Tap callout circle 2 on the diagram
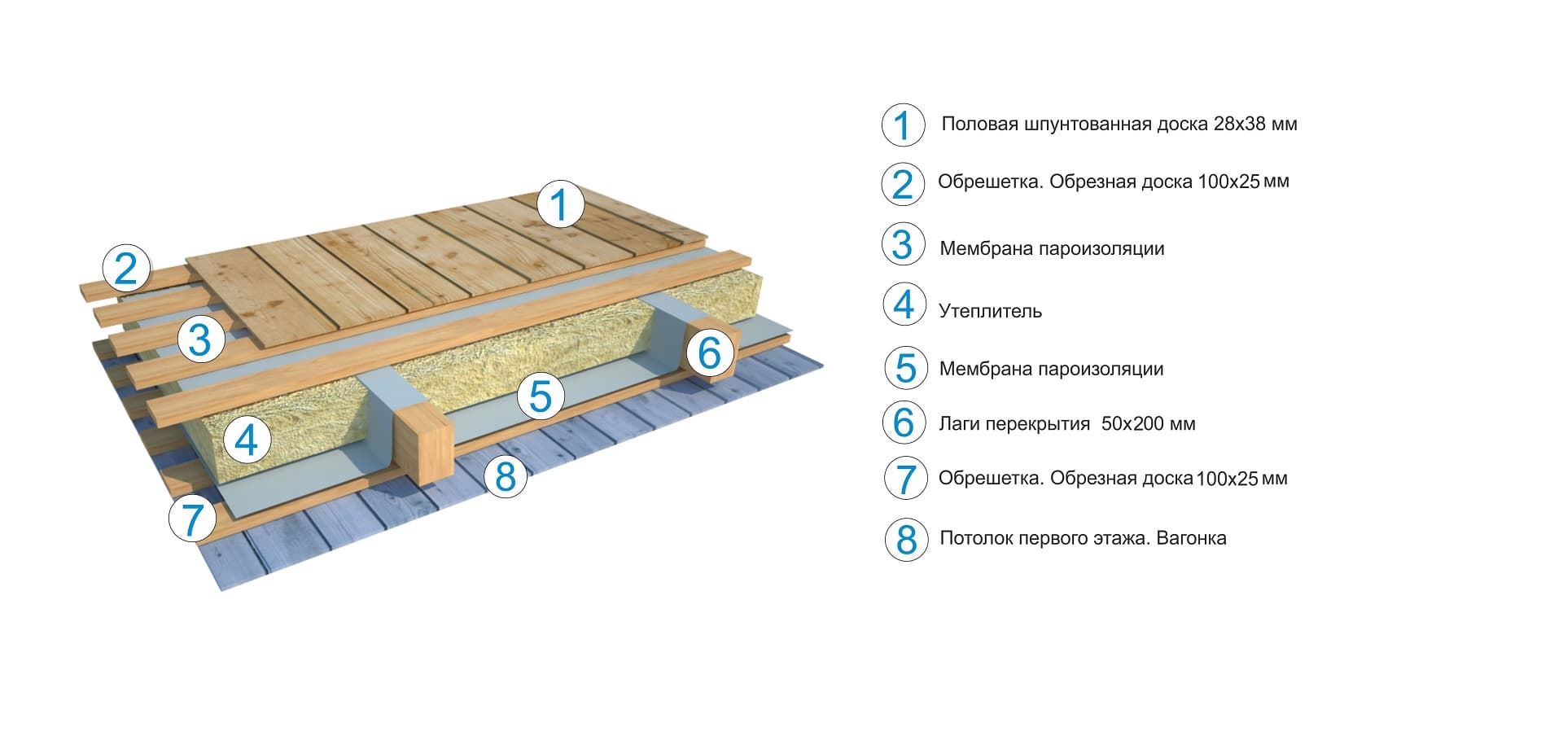(126, 268)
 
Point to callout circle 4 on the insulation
(246, 440)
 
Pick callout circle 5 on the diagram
(541, 396)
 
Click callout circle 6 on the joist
(709, 353)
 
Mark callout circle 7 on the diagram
(193, 519)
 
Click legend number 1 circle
(903, 125)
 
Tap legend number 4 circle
(904, 304)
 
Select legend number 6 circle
(904, 422)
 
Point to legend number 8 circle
(906, 540)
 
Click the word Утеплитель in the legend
(990, 311)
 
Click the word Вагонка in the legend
(1191, 538)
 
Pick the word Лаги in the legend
(959, 424)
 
